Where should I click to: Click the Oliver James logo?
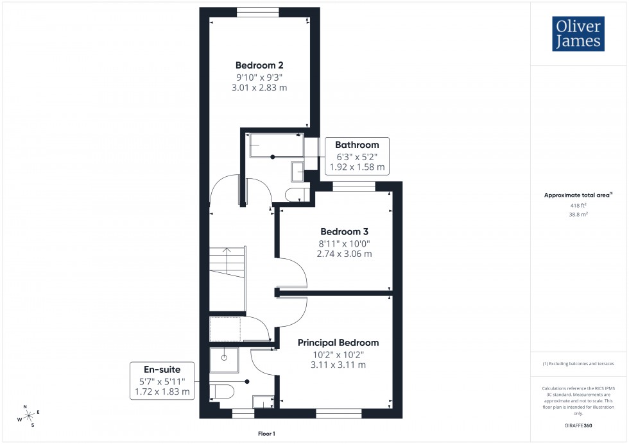tap(578, 34)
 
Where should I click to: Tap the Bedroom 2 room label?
tap(259, 65)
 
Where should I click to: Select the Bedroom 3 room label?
tap(344, 231)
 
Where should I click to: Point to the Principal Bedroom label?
tap(338, 343)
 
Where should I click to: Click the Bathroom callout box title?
tap(356, 145)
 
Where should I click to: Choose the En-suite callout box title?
tap(162, 369)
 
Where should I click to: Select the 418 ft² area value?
tap(578, 205)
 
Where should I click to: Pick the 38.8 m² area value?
tap(578, 215)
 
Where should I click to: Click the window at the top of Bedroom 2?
tap(257, 11)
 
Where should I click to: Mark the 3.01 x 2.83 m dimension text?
tap(259, 87)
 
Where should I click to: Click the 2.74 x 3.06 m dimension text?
tap(344, 254)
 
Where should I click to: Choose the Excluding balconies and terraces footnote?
tap(578, 363)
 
